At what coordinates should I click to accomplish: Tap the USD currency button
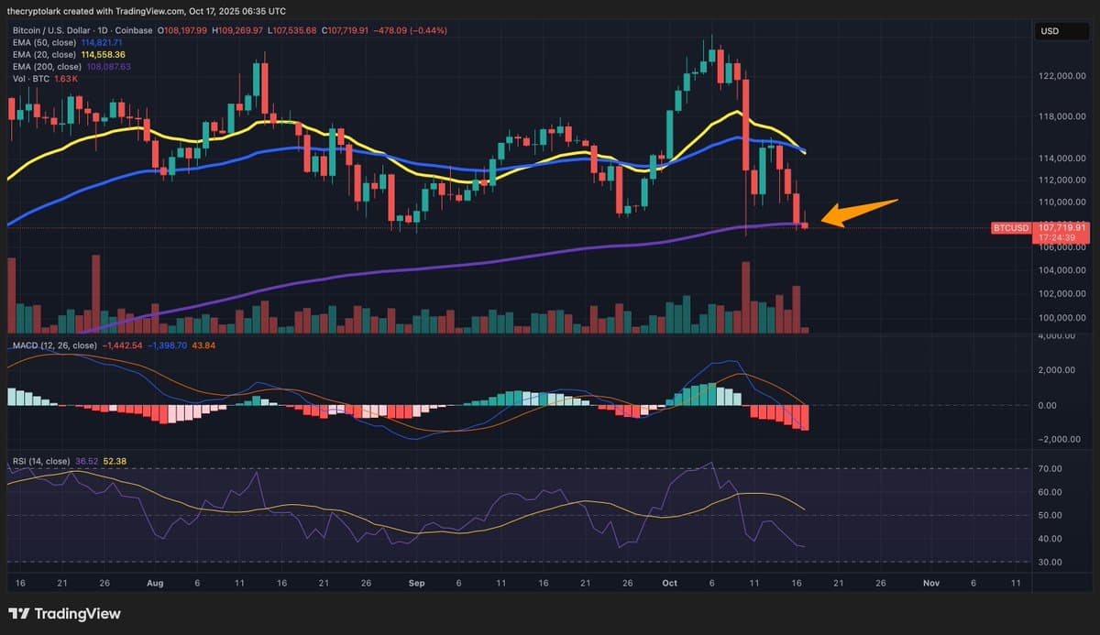[1050, 31]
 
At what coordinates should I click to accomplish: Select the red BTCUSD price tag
[1011, 226]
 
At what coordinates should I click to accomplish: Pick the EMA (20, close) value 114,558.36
[104, 55]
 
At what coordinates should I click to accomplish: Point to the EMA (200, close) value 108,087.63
[106, 67]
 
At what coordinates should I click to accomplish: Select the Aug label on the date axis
[154, 582]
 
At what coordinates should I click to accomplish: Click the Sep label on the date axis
[417, 582]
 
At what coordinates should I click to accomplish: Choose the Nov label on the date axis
[931, 582]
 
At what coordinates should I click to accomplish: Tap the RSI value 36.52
[88, 461]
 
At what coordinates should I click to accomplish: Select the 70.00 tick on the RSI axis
[1050, 468]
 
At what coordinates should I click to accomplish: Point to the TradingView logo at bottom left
[64, 614]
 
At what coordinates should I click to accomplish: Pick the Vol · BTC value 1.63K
[66, 79]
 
